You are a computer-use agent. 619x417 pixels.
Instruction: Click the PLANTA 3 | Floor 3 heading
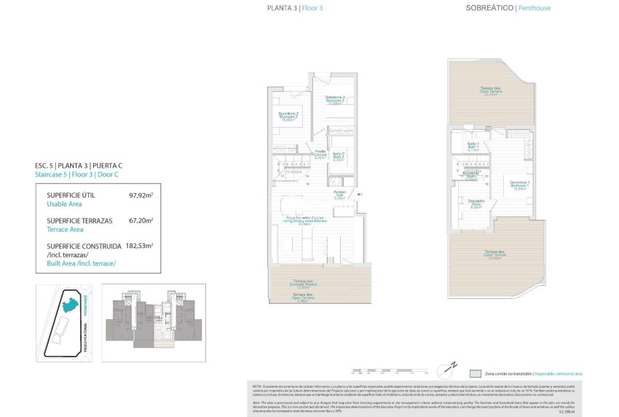click(x=295, y=8)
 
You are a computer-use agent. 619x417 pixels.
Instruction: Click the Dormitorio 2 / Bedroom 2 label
click(x=289, y=117)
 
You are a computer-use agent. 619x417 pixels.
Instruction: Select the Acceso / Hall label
click(x=339, y=195)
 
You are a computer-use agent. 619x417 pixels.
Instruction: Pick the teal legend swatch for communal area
click(x=476, y=373)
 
